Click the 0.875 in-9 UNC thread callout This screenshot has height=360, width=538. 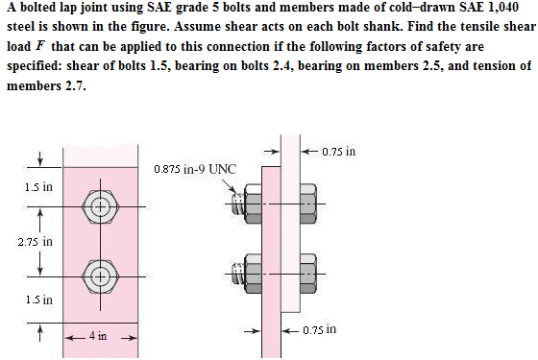194,170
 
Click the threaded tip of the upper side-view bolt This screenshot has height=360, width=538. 235,204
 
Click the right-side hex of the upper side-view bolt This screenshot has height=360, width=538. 308,204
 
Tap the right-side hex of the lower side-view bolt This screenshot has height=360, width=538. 308,276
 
